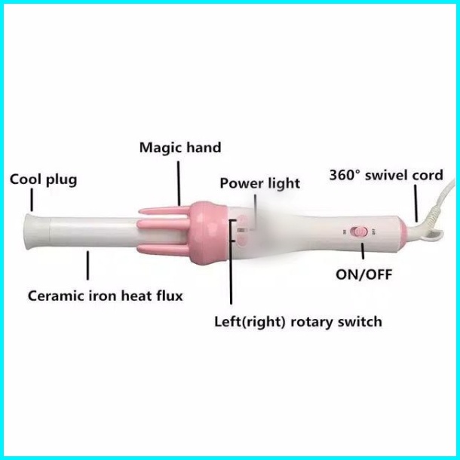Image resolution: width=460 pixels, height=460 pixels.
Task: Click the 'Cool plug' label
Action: point(43,179)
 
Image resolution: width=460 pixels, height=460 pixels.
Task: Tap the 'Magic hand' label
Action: point(179,147)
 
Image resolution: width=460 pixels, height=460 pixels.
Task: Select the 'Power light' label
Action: point(259,183)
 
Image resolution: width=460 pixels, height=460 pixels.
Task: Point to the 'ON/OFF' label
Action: point(364,274)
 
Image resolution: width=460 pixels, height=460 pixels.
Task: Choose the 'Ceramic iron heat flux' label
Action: point(105,295)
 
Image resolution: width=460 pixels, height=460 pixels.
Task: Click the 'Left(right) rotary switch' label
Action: point(298,322)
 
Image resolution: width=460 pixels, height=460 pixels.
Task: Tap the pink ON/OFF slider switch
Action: point(360,232)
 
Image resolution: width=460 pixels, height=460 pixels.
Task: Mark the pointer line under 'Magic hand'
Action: point(179,181)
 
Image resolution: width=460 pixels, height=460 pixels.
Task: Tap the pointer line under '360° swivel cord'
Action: point(415,203)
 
